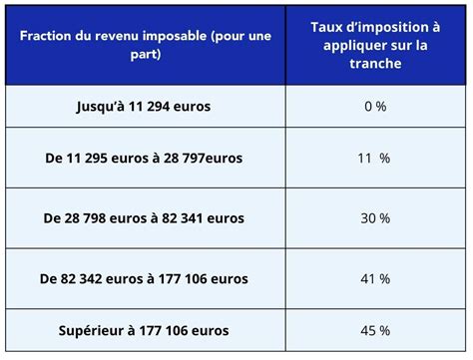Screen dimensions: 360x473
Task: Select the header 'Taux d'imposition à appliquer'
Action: point(375,45)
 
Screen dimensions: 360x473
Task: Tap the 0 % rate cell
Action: point(374,106)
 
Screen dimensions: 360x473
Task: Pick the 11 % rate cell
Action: point(374,159)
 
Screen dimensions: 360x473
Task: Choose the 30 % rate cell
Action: point(374,218)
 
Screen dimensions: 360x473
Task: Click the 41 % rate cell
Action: point(374,279)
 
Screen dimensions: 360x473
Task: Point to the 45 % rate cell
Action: point(374,331)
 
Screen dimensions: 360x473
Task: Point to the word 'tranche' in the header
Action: point(375,63)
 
